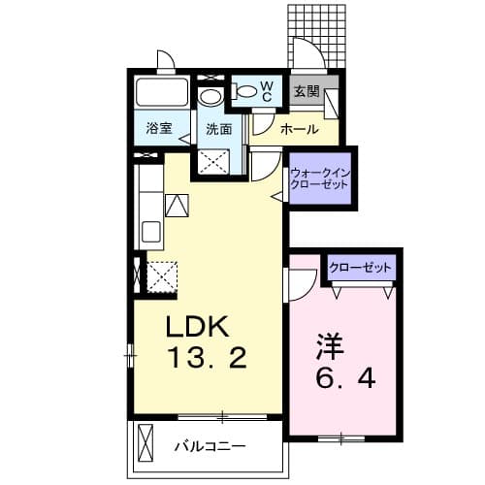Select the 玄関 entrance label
point(307,92)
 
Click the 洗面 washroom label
point(218,128)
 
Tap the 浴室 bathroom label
point(159,128)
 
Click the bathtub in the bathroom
point(163,93)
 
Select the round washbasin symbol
point(210,97)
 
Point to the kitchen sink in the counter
point(152,233)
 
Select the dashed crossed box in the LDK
point(161,276)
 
